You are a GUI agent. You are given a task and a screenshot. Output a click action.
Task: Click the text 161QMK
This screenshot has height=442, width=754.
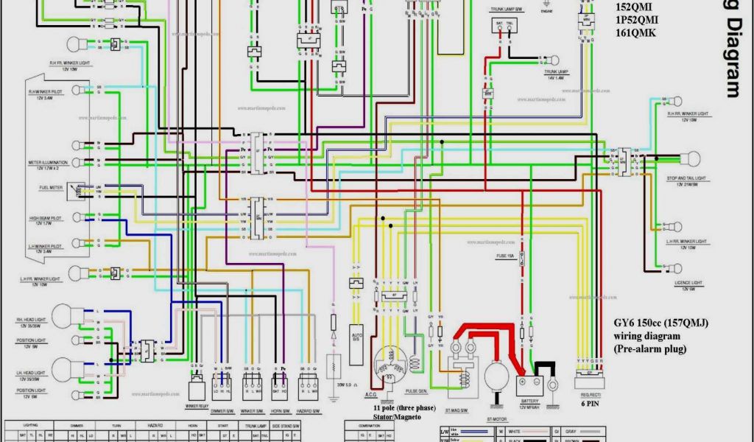636,32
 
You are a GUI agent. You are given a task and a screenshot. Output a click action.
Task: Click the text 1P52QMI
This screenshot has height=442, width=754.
638,21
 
